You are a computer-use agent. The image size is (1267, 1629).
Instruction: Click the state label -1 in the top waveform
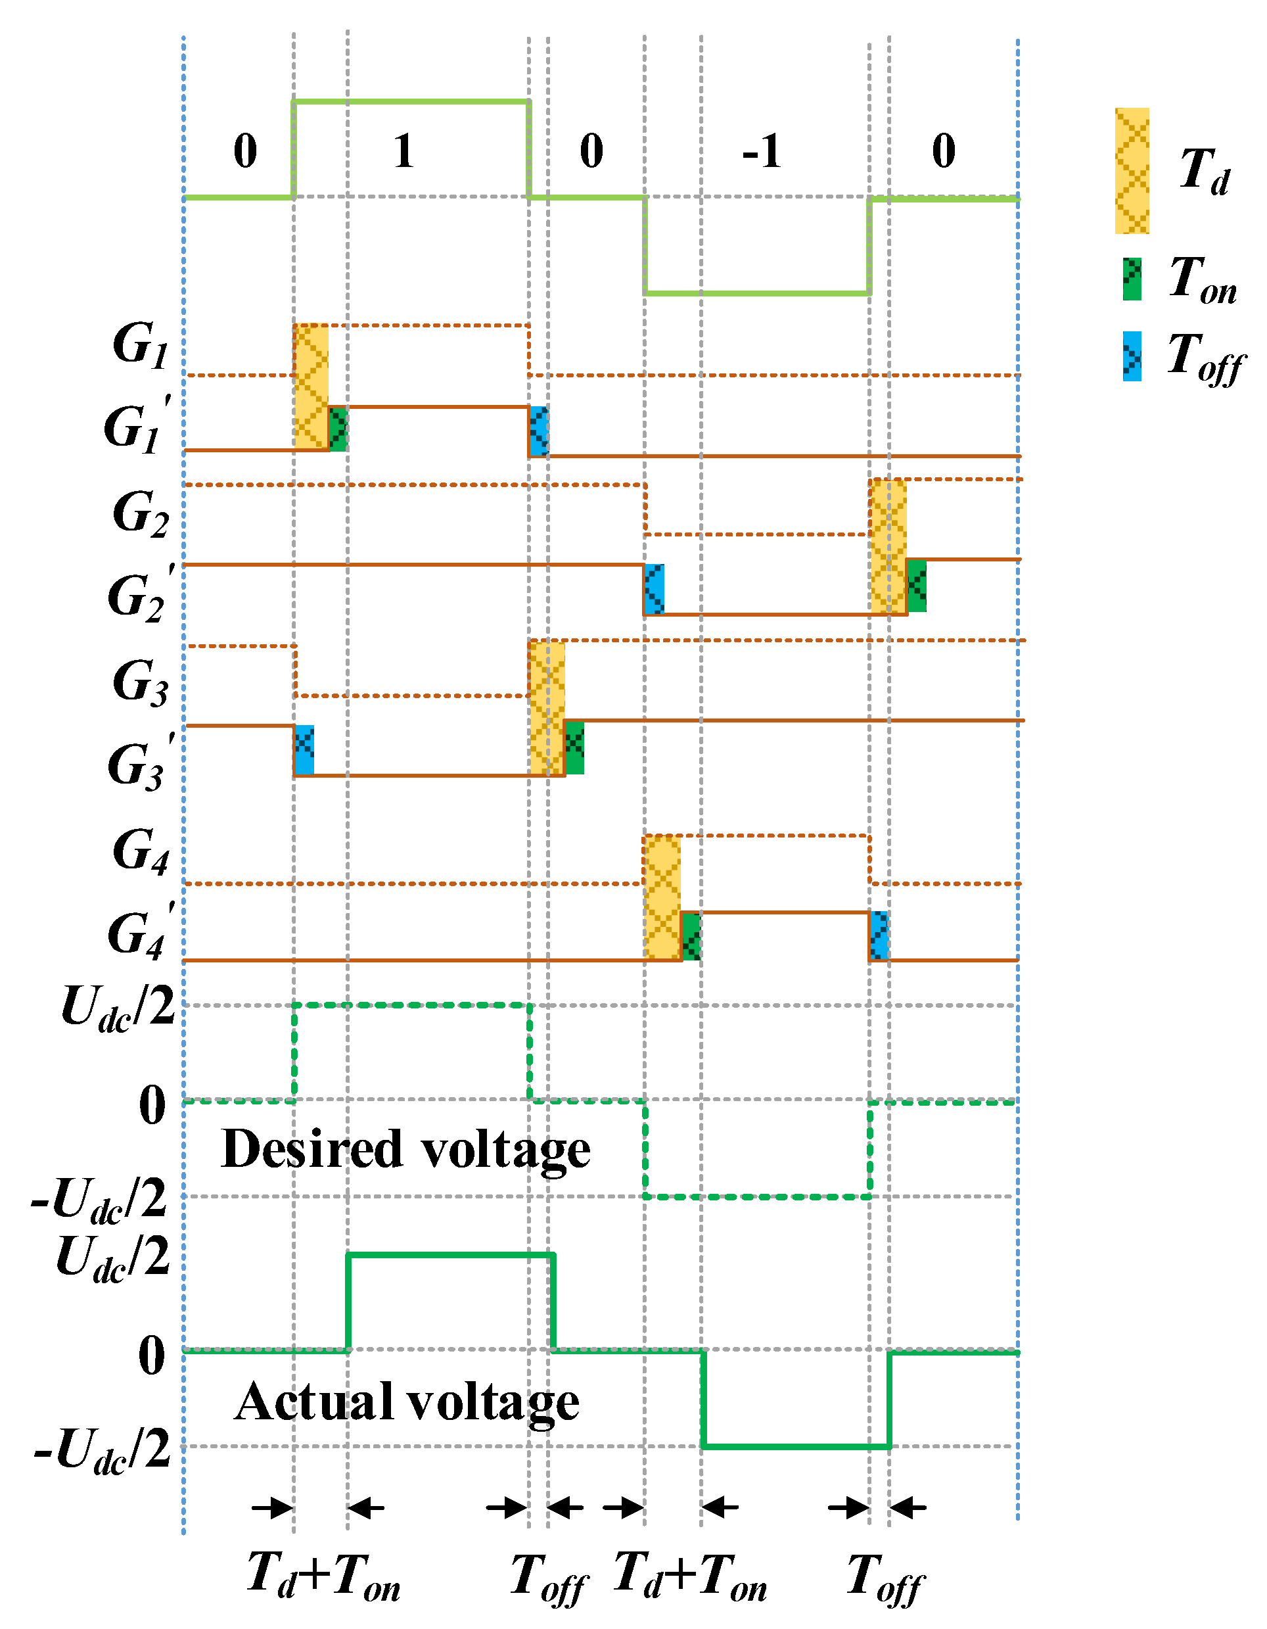[762, 151]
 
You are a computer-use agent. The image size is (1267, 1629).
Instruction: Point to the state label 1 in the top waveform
[403, 151]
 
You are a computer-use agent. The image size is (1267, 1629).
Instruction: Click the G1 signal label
[140, 344]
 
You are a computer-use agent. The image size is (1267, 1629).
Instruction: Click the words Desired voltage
[405, 1148]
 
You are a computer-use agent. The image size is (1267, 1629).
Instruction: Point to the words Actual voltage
[406, 1402]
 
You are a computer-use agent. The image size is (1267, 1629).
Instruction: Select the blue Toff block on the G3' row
[304, 749]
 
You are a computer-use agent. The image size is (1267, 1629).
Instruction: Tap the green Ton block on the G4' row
[691, 935]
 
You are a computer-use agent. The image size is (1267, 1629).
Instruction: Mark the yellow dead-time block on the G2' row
[888, 547]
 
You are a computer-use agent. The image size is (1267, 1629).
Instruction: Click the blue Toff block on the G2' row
[654, 589]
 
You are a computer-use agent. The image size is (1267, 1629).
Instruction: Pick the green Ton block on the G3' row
[574, 747]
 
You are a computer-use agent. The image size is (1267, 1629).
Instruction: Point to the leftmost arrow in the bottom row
[272, 1507]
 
